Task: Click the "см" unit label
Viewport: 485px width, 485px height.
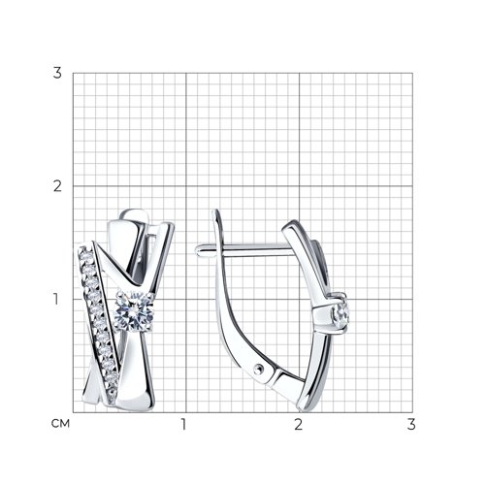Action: (60, 423)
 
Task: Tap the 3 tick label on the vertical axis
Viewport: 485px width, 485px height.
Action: (57, 73)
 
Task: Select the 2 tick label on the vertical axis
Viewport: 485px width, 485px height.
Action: (57, 186)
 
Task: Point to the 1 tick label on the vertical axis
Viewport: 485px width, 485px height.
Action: (56, 299)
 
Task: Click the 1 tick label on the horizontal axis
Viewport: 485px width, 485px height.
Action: (184, 424)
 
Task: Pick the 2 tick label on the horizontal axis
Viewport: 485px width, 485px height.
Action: (298, 424)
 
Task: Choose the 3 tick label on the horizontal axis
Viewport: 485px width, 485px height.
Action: (411, 424)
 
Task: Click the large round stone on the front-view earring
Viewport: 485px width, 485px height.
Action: (134, 311)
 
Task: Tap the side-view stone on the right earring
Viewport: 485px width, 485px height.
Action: (341, 313)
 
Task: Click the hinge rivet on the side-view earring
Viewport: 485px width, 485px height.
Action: (258, 369)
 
